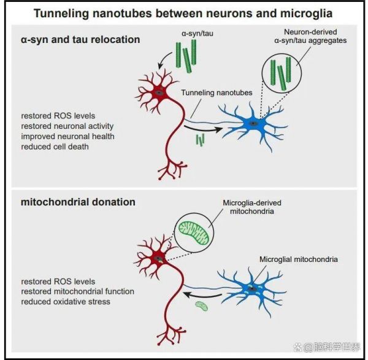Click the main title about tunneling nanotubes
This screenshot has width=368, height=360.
coord(183,13)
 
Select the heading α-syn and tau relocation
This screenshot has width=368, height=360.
coord(80,39)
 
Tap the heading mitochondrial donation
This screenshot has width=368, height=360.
coord(78,202)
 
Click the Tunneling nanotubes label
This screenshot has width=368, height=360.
coord(217,93)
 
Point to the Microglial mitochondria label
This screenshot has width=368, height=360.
coord(299,259)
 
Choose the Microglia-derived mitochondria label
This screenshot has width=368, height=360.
coord(252,207)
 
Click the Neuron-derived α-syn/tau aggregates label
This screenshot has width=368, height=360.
coord(310,36)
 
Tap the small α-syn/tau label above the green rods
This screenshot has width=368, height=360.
coord(197,34)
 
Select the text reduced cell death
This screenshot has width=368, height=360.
coord(55,147)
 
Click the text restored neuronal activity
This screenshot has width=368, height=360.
coord(67,126)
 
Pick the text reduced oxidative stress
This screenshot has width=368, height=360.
coord(66,302)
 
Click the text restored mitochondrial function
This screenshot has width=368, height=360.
coord(78,291)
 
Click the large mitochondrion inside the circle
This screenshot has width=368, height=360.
coord(194,233)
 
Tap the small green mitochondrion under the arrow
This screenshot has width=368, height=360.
coord(202,306)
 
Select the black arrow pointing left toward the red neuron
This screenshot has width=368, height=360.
coord(202,295)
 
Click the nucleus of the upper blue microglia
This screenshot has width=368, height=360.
coord(253,123)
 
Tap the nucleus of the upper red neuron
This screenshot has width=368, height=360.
coord(159,93)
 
